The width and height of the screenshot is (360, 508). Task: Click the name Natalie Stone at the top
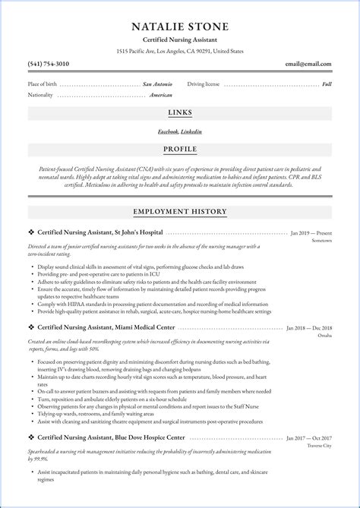coord(179,27)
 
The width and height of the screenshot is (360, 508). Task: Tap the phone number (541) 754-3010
coord(47,64)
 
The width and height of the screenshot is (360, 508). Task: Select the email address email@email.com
coord(308,64)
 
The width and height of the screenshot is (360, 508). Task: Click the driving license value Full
coord(327,84)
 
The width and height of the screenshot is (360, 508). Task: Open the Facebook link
coord(168,131)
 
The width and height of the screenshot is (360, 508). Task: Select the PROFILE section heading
coord(179,148)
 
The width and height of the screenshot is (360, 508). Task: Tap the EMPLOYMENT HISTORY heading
coord(179,211)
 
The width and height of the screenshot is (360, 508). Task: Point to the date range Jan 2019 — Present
coord(311,232)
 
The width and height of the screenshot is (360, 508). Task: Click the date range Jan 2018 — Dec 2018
coord(308,328)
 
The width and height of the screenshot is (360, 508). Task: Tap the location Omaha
coord(324,337)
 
